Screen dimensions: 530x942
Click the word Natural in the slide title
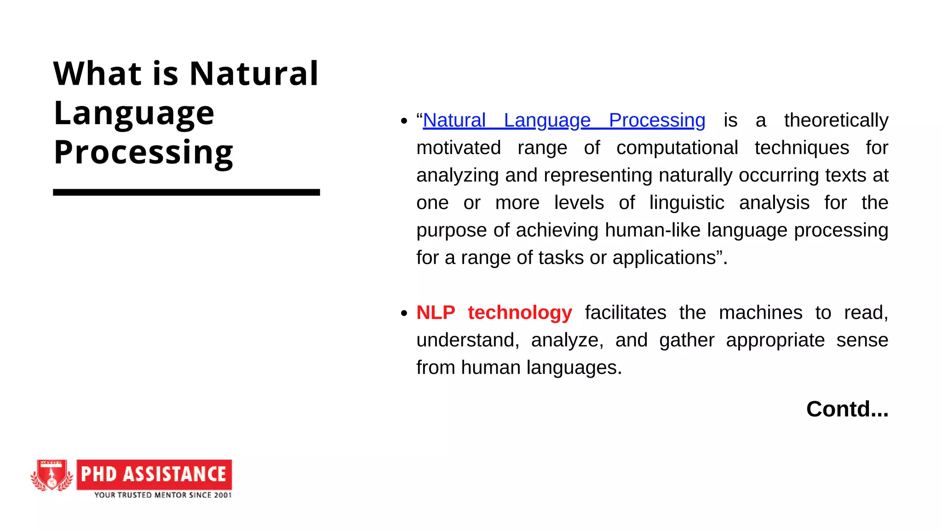point(254,74)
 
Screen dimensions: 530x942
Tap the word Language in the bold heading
point(134,114)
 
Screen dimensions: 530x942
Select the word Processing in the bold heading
point(144,152)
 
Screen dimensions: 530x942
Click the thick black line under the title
point(186,192)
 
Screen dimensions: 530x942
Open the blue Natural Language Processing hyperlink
point(564,121)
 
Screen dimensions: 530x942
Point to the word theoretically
point(836,121)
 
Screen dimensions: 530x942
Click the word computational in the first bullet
point(677,148)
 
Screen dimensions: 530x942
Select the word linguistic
point(687,203)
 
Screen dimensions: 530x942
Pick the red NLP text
point(436,313)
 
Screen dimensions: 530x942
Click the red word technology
point(520,313)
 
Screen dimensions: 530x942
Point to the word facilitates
point(626,313)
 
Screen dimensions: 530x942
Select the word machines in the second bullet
point(760,313)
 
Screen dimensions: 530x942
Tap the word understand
point(467,340)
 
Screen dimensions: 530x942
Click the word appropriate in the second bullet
point(775,340)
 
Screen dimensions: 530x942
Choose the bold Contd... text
point(847,409)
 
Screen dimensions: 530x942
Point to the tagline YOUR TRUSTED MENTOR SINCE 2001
point(163,495)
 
